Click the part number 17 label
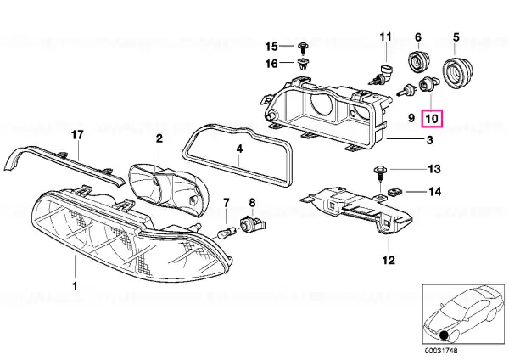coord(76,134)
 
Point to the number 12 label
coord(389,260)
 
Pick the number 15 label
coord(271,45)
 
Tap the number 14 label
coord(433,192)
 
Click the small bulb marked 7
coord(227,231)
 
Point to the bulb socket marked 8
coord(252,226)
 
